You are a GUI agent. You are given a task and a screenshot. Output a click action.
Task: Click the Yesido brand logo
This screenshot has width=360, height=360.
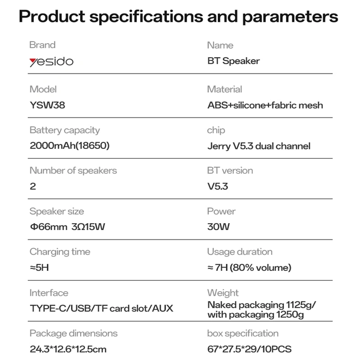pyautogui.click(x=51, y=62)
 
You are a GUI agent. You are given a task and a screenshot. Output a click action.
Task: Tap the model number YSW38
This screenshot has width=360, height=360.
pyautogui.click(x=47, y=105)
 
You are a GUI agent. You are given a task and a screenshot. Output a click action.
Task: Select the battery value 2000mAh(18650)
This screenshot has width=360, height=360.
pyautogui.click(x=70, y=145)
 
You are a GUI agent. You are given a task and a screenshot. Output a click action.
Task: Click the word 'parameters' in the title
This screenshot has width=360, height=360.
pyautogui.click(x=290, y=17)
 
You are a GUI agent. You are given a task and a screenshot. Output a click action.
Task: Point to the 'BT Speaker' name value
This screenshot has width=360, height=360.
pyautogui.click(x=234, y=61)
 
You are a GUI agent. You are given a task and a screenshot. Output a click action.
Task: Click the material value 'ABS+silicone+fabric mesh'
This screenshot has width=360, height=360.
pyautogui.click(x=265, y=105)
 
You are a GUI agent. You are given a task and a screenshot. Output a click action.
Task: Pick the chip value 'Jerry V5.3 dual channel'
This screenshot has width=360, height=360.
pyautogui.click(x=259, y=146)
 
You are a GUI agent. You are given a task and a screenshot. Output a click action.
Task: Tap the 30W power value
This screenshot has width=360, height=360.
pyautogui.click(x=218, y=227)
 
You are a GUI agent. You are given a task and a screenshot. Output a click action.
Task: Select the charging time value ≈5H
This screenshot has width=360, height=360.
pyautogui.click(x=39, y=267)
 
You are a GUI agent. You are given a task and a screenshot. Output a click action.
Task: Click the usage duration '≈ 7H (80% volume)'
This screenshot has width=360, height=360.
pyautogui.click(x=249, y=267)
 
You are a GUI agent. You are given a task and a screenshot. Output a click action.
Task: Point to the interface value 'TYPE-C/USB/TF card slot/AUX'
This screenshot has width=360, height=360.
pyautogui.click(x=101, y=308)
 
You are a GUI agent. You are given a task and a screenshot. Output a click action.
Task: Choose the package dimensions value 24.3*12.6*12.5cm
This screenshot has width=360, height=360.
pyautogui.click(x=68, y=349)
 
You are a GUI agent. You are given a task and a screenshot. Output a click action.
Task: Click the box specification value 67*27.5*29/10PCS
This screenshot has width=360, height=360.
pyautogui.click(x=249, y=349)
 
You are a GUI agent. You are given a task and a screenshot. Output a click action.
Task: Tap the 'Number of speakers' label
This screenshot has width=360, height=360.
pyautogui.click(x=73, y=171)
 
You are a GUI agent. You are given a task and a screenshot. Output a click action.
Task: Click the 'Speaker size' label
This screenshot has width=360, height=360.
pyautogui.click(x=57, y=211)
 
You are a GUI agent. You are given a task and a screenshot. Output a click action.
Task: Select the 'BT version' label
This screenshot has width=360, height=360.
pyautogui.click(x=230, y=171)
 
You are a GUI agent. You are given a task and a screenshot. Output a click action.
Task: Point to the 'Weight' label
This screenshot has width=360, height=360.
pyautogui.click(x=223, y=293)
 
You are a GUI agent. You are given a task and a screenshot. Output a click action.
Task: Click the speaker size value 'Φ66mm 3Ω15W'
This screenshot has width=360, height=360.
pyautogui.click(x=67, y=227)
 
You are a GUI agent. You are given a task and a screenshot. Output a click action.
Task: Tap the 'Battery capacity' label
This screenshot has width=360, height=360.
pyautogui.click(x=65, y=130)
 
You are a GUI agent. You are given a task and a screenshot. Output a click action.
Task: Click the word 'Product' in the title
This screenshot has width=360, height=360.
pyautogui.click(x=52, y=17)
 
